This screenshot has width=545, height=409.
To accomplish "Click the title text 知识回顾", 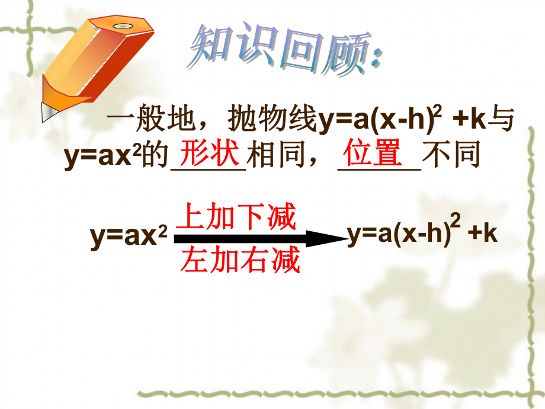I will point(278,52).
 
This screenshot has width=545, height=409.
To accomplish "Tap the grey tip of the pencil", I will point(47,111).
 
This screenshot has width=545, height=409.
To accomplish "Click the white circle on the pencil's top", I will point(123,27).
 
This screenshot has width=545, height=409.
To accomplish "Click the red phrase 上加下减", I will point(236,218).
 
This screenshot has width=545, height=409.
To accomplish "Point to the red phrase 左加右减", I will point(241,260).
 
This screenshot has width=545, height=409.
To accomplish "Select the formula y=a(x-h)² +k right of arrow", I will point(421,234).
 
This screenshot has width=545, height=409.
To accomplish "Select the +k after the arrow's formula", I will point(482,234).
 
